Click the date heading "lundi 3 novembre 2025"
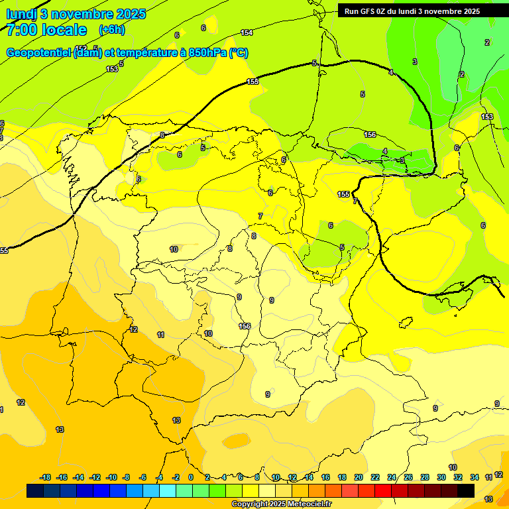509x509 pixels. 76,14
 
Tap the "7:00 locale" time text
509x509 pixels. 46,30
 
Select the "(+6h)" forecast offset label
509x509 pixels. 111,30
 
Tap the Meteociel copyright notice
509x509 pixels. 281,504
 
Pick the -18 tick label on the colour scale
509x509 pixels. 46,477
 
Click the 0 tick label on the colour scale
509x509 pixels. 191,477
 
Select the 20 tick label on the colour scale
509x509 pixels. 359,477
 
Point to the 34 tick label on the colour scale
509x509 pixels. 475,477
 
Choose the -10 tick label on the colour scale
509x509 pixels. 111,477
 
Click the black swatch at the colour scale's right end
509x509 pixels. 466,490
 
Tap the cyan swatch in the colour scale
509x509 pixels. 168,490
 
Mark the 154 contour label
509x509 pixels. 247,32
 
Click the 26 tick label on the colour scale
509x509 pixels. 408,477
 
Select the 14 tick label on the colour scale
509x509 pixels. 309,477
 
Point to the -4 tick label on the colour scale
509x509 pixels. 159,477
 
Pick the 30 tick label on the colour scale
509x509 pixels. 441,477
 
